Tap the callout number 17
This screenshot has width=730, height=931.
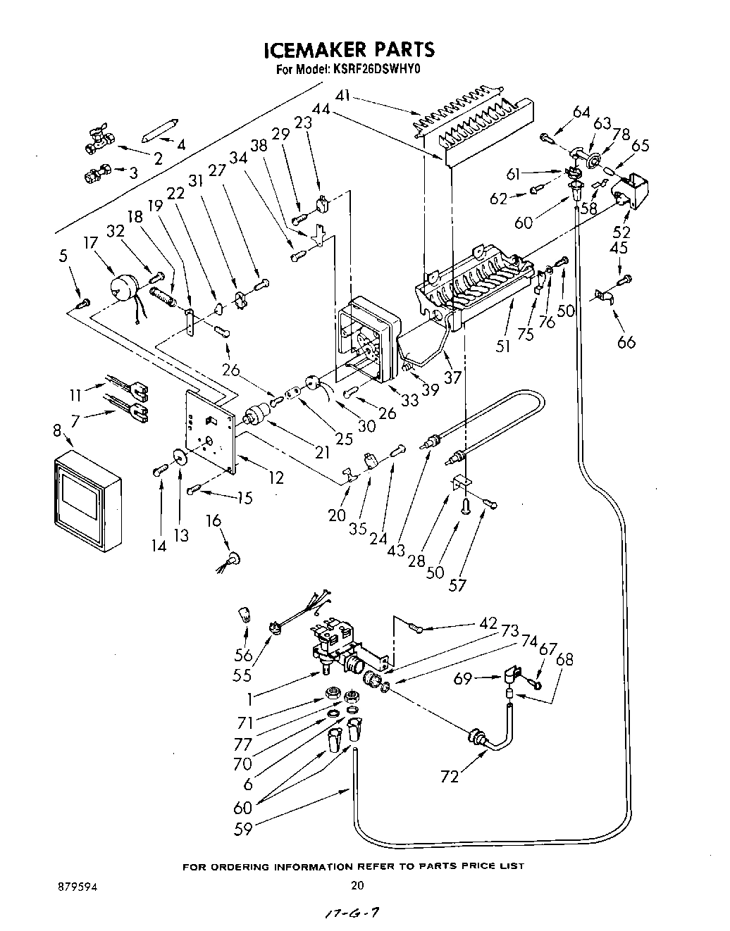[x=89, y=244]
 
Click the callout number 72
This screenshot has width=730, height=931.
[x=450, y=776]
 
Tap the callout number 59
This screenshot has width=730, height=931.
[x=244, y=829]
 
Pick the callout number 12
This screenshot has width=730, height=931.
[x=276, y=478]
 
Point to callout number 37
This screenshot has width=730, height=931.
[x=452, y=377]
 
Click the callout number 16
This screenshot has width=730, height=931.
[x=213, y=520]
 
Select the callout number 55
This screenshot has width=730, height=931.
[x=242, y=674]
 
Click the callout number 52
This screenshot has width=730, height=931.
[x=621, y=232]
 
